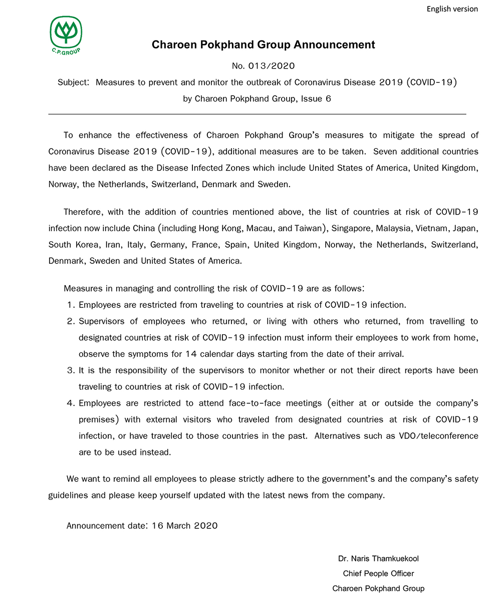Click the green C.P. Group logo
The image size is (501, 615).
point(65,35)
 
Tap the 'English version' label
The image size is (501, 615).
point(452,9)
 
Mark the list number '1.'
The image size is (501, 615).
point(71,304)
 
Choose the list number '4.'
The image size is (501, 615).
point(71,403)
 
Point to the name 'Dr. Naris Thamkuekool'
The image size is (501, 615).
point(378,558)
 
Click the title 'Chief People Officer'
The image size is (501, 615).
point(378,573)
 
